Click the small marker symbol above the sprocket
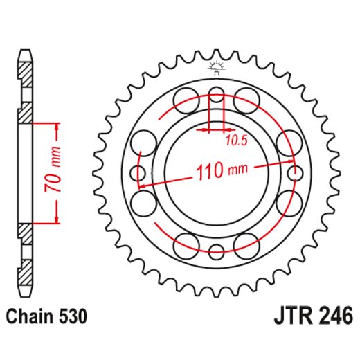coord(217,68)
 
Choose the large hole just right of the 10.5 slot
coord(246,100)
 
